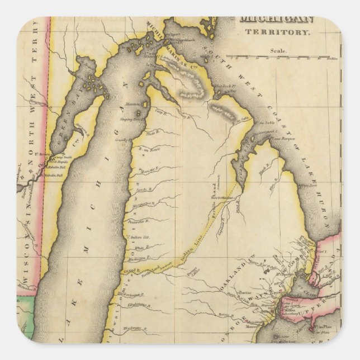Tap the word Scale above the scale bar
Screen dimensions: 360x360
coord(279,50)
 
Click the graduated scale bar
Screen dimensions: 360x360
coord(286,56)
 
